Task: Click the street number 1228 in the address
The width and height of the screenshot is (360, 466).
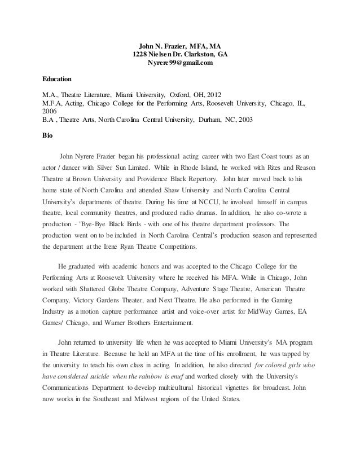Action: coord(140,54)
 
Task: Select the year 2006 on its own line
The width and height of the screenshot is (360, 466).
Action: coord(50,111)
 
